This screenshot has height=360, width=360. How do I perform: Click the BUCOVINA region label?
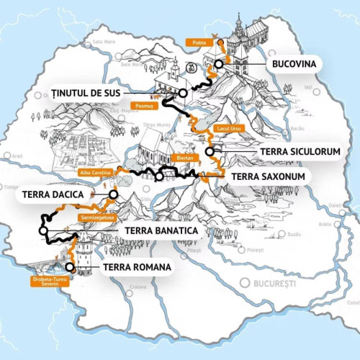click(292, 64)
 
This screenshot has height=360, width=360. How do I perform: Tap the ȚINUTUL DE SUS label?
click(84, 93)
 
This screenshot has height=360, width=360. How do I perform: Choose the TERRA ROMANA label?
click(137, 268)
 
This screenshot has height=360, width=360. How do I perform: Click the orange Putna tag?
click(199, 43)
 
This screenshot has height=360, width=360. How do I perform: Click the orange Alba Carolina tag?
click(95, 173)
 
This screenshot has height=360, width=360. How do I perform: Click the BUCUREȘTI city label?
click(274, 283)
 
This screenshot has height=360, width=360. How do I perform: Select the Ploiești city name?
click(253, 250)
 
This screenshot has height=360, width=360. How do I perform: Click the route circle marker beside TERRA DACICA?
click(113, 194)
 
